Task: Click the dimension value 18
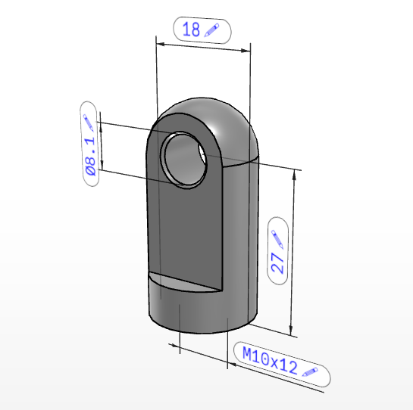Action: tap(191, 30)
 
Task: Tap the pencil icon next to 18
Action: tap(211, 30)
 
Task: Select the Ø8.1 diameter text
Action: tap(90, 156)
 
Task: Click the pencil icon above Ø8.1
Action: tap(88, 123)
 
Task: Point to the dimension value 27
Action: tap(277, 263)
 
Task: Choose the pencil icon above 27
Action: tap(277, 239)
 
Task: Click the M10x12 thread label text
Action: tap(270, 360)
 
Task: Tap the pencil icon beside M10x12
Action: tap(310, 372)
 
